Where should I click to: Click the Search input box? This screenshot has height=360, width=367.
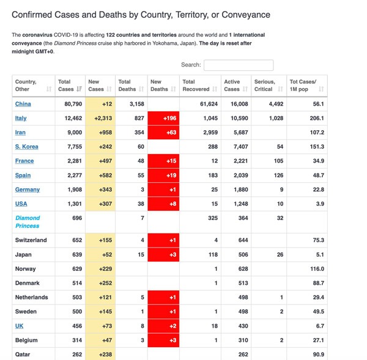pos(239,65)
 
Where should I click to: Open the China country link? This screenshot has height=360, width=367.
pos(23,104)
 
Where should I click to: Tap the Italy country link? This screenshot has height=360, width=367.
pos(21,118)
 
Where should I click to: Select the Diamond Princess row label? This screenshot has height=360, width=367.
pos(28,222)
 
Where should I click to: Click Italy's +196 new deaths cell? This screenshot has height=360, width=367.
pos(163,118)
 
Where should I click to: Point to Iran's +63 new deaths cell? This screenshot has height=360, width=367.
pos(163,133)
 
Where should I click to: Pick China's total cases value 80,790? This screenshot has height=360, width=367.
pos(73,104)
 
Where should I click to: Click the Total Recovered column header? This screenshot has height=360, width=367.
pos(196,86)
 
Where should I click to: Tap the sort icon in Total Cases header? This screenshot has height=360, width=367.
pos(80,89)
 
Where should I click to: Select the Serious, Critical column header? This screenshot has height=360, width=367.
pos(265,86)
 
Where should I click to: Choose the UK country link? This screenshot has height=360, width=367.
pos(19,326)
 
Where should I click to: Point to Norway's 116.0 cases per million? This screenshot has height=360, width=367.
pos(317,269)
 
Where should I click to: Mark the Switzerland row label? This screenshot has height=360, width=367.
pos(31,240)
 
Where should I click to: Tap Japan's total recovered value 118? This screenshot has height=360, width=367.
pos(213,254)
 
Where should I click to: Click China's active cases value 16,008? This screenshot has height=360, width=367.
pos(239,104)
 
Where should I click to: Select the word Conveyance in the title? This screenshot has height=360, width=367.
pos(246,15)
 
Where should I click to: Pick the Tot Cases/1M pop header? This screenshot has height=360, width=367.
pos(303,86)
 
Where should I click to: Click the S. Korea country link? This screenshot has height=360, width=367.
pos(27,147)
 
